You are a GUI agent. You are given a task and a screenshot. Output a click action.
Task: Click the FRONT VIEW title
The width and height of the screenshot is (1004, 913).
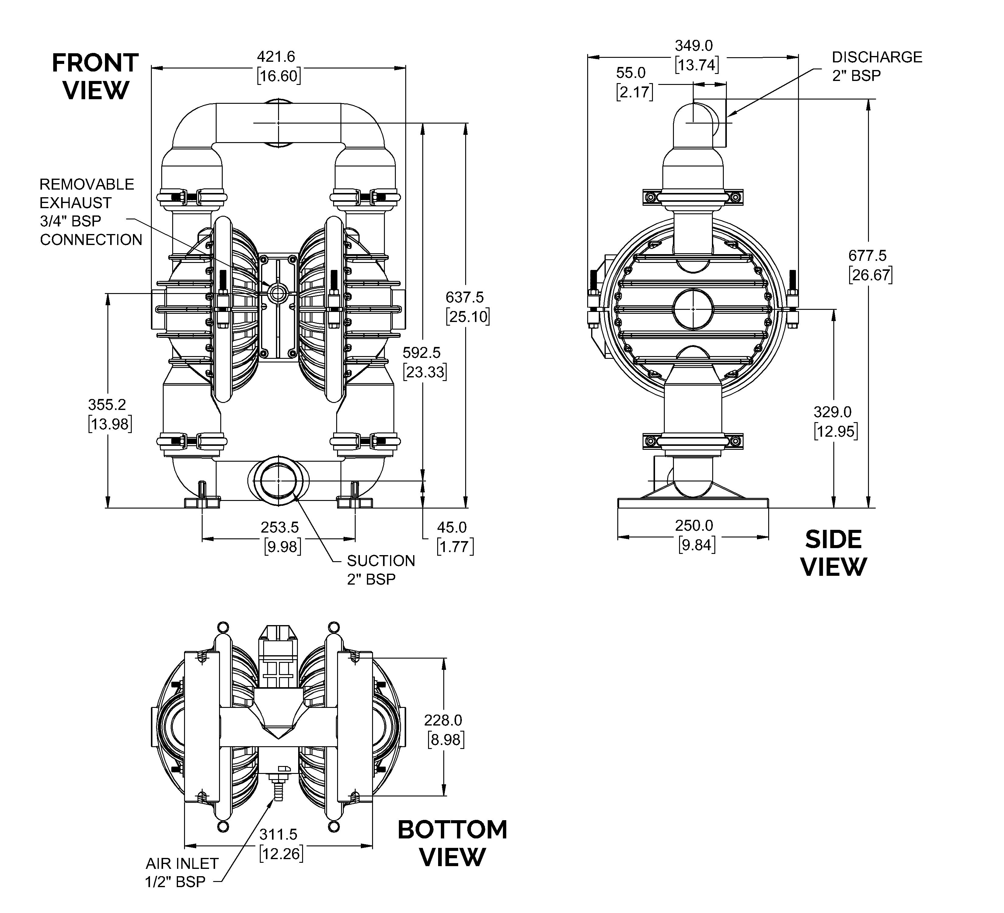[x=95, y=76]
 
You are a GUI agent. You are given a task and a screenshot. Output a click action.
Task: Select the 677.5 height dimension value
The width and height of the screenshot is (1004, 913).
[x=867, y=256]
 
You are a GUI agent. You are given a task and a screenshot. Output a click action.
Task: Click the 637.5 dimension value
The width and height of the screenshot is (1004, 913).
[x=465, y=297]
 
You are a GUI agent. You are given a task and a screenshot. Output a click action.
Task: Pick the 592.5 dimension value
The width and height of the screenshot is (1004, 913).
[x=422, y=353]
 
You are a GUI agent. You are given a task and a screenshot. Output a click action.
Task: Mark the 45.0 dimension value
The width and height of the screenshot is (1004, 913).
[x=452, y=527]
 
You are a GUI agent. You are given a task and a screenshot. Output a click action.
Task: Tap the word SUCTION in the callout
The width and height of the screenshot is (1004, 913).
[x=381, y=561]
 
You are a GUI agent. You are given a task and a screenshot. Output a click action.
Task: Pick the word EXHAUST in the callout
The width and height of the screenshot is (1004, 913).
[x=75, y=203]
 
